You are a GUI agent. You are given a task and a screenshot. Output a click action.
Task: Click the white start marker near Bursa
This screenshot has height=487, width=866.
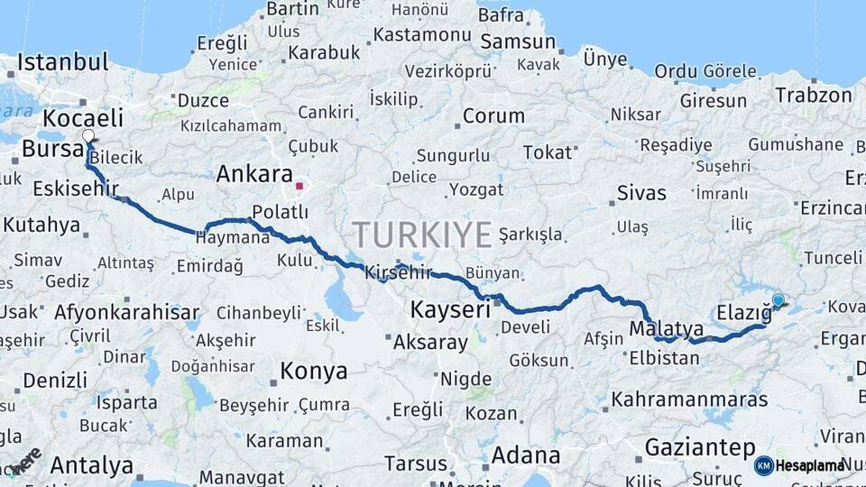pos(88,137)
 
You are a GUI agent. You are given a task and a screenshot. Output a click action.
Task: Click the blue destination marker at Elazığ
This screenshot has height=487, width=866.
pos(778,300)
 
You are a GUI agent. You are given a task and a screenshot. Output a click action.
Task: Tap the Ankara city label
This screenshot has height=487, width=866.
pos(254,174)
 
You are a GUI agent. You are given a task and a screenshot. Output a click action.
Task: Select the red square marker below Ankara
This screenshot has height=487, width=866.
pos(299,187)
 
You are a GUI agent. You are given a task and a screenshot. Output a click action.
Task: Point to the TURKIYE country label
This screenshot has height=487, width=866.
pos(422,234)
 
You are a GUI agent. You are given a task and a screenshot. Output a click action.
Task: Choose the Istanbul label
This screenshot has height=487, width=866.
pos(62,62)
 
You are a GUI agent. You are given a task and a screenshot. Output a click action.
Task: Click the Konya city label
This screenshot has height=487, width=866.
pos(313,371)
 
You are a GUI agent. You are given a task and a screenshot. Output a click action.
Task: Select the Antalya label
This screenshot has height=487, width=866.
pos(91,466)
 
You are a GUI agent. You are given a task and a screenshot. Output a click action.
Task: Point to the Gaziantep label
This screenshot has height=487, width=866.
pos(699,446)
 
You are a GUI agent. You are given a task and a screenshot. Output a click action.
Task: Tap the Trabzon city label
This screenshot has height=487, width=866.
pos(813,95)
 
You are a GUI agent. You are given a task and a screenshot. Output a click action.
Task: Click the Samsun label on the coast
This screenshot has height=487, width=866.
pos(517,41)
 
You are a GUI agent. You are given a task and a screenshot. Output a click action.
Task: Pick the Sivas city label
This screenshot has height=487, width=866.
pos(641,193)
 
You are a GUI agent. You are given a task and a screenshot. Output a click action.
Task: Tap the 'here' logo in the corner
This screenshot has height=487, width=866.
pos(24,461)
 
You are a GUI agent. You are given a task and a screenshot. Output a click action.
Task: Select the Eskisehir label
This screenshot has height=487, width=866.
pos(75,188)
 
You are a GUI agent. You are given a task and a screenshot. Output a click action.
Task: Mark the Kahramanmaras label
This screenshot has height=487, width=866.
pos(689,399)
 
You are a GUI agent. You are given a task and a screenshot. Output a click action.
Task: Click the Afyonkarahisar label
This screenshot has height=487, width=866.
pos(126,313)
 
